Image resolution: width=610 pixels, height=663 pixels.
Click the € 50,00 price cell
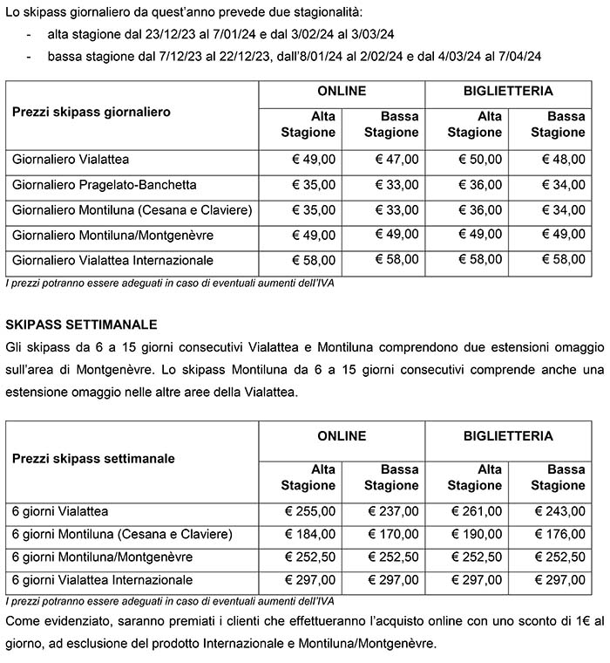coord(480,160)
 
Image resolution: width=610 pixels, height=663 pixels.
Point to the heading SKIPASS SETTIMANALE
coord(81,325)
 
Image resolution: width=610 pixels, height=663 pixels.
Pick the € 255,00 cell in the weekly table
coord(309,511)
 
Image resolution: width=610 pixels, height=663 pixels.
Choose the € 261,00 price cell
coord(477,511)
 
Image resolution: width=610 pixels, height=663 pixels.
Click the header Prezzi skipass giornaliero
coord(91,112)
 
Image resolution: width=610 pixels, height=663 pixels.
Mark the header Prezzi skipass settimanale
coord(93,458)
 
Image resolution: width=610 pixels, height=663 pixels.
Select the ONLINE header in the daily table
coord(342,91)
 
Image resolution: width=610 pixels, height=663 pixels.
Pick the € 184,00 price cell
coord(309,534)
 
